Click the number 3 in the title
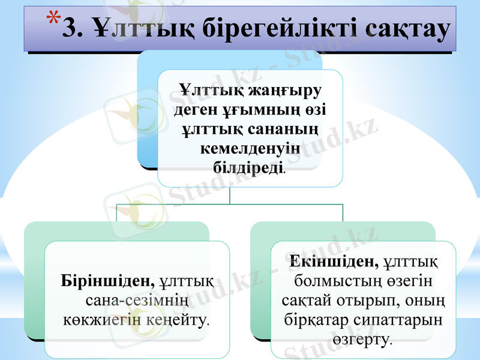71,28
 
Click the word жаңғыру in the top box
283,92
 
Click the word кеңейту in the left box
177,318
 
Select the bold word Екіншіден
334,262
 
